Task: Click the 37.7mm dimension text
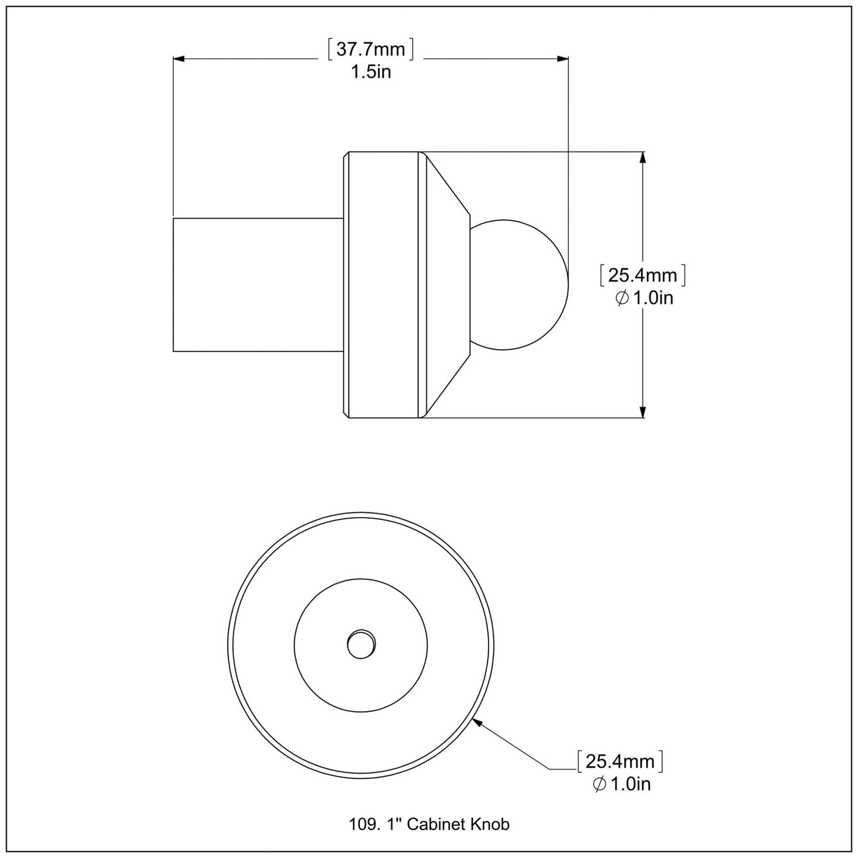coord(371,49)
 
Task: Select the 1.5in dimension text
coord(371,72)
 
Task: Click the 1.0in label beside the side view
coord(653,297)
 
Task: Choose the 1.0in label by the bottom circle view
coord(630,784)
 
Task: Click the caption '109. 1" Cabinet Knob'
coord(429,824)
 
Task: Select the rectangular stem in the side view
coord(258,285)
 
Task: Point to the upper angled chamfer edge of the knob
coord(448,183)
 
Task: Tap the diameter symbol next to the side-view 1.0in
coord(622,298)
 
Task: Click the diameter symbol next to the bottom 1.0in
coord(599,784)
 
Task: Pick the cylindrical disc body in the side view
coord(383,285)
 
